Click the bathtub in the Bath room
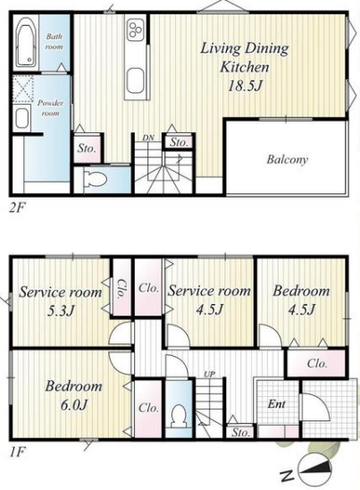(26, 42)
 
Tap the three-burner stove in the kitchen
(136, 30)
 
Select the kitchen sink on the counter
(135, 80)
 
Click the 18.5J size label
(245, 85)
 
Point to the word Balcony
(287, 159)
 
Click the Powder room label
(50, 108)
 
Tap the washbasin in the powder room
(21, 118)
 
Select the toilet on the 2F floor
(96, 180)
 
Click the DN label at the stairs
(148, 138)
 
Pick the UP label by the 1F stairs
(210, 374)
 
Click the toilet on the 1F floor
(179, 415)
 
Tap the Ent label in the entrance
(276, 404)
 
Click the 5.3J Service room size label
(62, 310)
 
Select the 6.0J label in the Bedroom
(73, 405)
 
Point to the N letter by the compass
(288, 477)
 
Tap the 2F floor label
(17, 207)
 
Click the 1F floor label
(17, 452)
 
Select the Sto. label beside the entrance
(240, 433)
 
